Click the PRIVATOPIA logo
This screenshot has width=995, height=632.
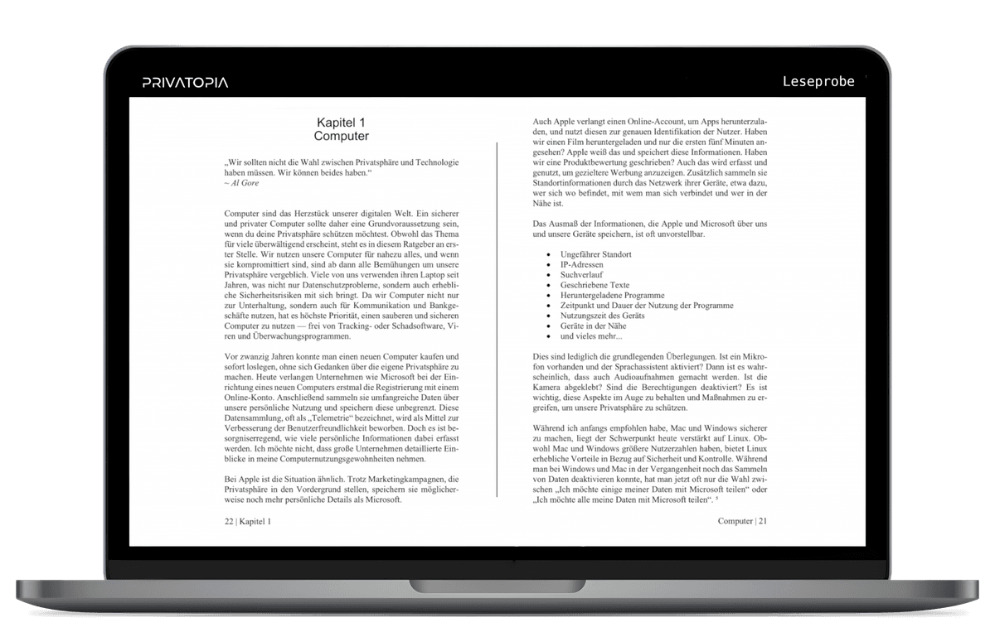point(185,82)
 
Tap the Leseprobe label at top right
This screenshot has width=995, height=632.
point(818,81)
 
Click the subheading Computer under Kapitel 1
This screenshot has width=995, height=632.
point(341,136)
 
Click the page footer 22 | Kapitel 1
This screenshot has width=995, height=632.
point(247,522)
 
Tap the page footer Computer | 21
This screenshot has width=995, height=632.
point(743,521)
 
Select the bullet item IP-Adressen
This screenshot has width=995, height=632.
point(582,265)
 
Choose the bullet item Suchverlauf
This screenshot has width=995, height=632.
point(580,275)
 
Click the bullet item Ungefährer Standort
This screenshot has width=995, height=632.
point(595,254)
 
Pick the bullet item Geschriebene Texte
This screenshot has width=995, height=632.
point(595,285)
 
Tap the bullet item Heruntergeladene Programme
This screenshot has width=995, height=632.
point(612,296)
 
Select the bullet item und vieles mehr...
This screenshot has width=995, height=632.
point(590,336)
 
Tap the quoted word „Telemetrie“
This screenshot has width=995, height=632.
point(336,408)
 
